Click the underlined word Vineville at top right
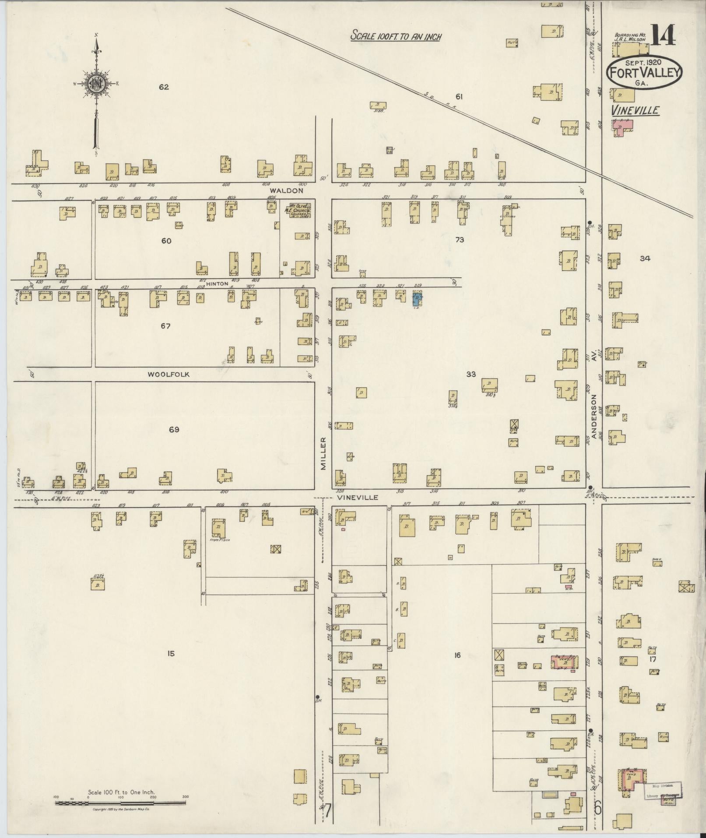635,110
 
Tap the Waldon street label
286,191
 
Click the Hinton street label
217,284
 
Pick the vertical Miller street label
323,453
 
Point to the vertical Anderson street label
594,416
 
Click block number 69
174,430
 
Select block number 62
164,87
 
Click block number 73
459,240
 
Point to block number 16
457,655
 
